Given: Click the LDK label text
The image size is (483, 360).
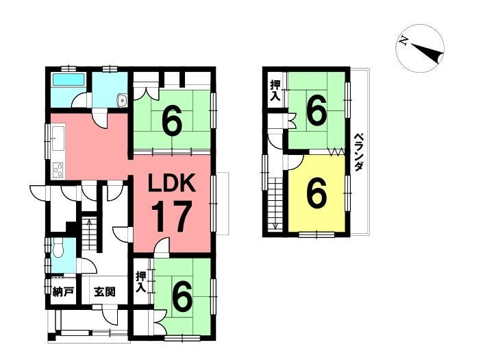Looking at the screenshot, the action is click(x=171, y=183).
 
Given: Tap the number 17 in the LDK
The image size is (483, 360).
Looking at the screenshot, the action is click(x=171, y=217).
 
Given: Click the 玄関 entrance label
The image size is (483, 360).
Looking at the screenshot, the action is click(x=105, y=292).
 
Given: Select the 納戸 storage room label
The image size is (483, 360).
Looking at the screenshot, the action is click(x=63, y=291).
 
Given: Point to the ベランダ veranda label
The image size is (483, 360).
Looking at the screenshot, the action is click(x=358, y=152).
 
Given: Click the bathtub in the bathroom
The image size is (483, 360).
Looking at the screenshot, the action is click(x=69, y=80).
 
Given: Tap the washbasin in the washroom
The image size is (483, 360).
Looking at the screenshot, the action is click(x=122, y=100).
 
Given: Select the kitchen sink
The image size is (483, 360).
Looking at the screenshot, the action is click(x=58, y=138).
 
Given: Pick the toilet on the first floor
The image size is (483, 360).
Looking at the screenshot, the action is click(x=58, y=249).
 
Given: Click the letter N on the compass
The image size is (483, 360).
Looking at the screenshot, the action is click(x=403, y=40).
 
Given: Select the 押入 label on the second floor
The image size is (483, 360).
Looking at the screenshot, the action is click(x=275, y=90).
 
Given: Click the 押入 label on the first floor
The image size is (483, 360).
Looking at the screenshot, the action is click(x=141, y=282).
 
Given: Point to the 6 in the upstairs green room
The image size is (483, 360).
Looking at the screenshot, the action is click(x=317, y=110).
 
